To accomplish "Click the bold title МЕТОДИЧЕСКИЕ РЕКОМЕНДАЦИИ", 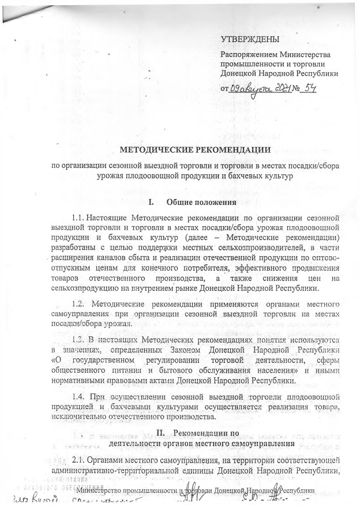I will [x=195, y=150].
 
